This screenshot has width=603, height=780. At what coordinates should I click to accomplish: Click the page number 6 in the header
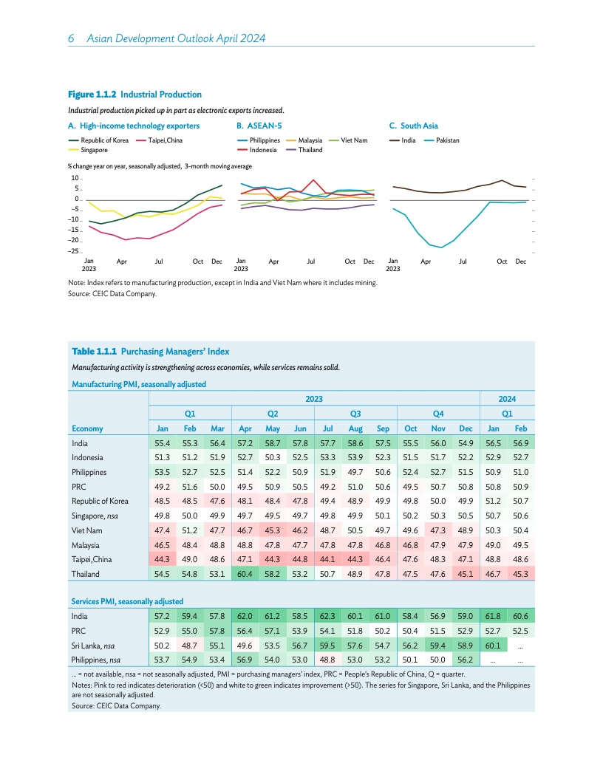point(71,38)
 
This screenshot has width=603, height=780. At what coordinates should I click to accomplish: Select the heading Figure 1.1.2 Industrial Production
point(134,95)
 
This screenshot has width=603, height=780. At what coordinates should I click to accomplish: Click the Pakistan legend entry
point(442,140)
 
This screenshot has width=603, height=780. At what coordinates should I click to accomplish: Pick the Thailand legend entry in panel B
point(304,150)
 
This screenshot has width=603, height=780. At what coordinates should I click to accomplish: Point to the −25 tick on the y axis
point(74,250)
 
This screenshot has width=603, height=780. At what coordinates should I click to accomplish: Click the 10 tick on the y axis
point(75,178)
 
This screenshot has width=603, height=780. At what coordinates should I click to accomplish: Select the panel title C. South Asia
point(413,126)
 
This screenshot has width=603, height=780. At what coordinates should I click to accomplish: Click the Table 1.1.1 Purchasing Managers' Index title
point(150,351)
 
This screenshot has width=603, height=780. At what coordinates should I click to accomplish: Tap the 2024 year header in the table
point(507,399)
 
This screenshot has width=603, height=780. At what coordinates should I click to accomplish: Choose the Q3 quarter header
point(355,414)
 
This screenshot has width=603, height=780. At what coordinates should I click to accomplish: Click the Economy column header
point(87,429)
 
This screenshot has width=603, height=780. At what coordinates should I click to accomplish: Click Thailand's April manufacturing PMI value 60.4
point(245,574)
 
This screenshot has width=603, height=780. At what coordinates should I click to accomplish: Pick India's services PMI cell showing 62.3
point(327,616)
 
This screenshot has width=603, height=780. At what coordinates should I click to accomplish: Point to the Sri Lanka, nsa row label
point(92,646)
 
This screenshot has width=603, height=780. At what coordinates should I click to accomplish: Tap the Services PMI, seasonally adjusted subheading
point(127,601)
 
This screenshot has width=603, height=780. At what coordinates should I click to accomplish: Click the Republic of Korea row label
point(100,501)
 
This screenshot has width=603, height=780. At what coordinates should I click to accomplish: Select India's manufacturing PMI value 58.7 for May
point(272,443)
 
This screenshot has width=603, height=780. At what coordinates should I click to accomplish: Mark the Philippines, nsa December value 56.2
point(466,660)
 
